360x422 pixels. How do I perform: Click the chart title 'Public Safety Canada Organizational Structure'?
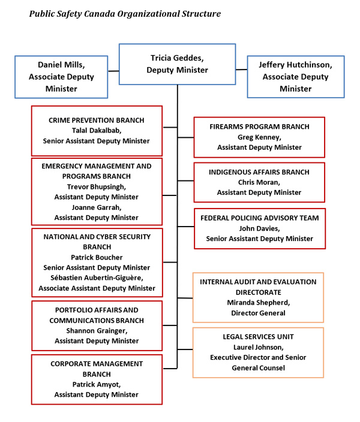click(125, 13)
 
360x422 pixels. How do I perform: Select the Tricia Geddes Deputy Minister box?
click(177, 64)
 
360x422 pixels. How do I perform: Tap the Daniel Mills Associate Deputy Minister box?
click(62, 76)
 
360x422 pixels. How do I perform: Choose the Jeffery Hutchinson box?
click(296, 76)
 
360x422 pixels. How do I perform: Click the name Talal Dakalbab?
click(97, 131)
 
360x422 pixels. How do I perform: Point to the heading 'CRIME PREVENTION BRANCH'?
click(97, 120)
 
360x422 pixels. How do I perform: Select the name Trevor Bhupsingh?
click(96, 186)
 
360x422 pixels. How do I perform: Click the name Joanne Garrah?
click(96, 207)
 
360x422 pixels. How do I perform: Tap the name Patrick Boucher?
click(97, 257)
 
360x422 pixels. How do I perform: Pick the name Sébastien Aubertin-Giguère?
click(97, 278)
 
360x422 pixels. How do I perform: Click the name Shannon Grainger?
click(96, 330)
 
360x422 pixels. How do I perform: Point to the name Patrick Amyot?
click(97, 384)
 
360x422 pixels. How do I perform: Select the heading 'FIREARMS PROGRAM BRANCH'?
click(259, 126)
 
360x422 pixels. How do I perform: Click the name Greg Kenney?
click(259, 137)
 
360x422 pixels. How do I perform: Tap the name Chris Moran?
click(259, 182)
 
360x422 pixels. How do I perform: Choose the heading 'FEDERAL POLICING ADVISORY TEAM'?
click(259, 218)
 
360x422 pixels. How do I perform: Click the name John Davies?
click(259, 228)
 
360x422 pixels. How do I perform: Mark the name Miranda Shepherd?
click(259, 302)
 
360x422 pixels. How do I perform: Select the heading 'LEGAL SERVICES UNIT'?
click(258, 337)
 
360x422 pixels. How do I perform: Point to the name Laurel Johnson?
click(258, 347)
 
